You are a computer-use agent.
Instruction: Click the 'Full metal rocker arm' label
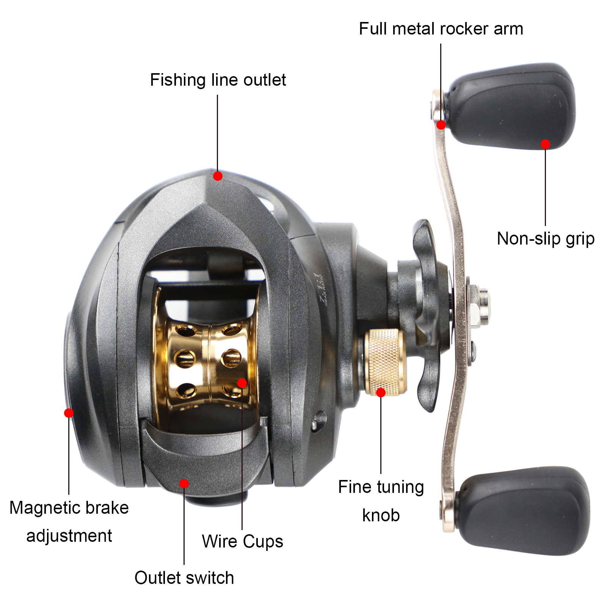(x=441, y=29)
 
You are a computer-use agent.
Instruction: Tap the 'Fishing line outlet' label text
(x=218, y=80)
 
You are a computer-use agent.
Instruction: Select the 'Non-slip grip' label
(x=545, y=239)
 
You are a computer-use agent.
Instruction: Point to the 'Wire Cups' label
(x=242, y=541)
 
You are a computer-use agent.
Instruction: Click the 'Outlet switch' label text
(x=184, y=578)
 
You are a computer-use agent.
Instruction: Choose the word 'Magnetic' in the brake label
(x=47, y=508)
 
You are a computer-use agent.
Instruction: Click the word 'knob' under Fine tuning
(x=381, y=515)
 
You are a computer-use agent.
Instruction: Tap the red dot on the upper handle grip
(x=545, y=144)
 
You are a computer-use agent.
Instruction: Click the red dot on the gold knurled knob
(x=381, y=392)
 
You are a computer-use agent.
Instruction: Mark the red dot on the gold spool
(x=242, y=383)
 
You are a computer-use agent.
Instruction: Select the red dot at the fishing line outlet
(x=218, y=176)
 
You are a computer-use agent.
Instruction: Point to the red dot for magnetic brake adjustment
(x=69, y=413)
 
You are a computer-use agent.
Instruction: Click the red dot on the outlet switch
(x=184, y=483)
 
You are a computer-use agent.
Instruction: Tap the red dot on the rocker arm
(x=441, y=125)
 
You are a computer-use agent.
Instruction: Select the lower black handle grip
(x=523, y=510)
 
